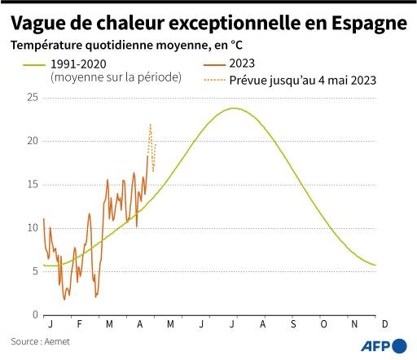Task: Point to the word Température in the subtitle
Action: pos(48,45)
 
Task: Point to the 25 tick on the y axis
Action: pos(33,98)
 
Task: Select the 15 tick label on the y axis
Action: pos(33,185)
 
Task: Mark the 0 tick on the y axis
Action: pos(35,315)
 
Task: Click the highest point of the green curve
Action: pos(235,108)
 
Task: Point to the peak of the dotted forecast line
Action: pos(150,124)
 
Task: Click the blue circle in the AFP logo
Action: pos(399,345)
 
